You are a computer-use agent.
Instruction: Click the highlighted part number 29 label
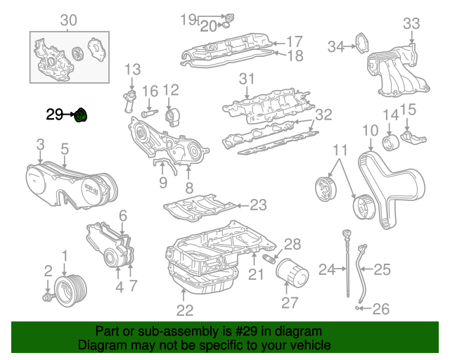coord(54,114)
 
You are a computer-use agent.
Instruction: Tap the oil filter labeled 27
coord(290,275)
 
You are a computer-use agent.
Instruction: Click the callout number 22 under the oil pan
coord(184,310)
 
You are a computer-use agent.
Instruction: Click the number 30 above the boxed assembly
coord(67,20)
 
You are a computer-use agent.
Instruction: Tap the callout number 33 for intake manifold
coord(412,24)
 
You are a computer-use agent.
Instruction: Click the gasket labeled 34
coord(359,44)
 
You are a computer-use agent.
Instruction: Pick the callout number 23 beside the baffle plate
coord(258,205)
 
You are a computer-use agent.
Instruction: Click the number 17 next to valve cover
coord(294,41)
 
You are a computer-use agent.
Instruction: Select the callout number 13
coord(133,69)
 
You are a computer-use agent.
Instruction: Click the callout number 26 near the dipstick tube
coord(380,307)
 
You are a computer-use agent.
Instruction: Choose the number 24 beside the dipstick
coord(328,269)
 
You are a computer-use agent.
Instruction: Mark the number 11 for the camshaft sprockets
coord(340,150)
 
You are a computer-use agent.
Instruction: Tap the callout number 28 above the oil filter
coord(292,244)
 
